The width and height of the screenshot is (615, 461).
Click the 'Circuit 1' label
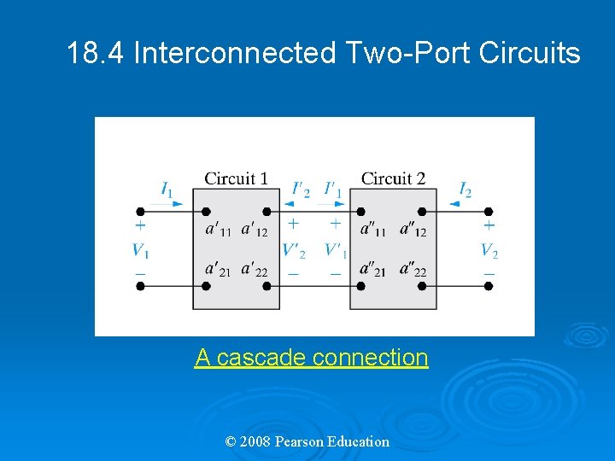[x=236, y=178]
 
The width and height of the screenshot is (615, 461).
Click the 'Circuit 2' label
[x=393, y=178]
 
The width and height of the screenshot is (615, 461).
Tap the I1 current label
[x=167, y=190]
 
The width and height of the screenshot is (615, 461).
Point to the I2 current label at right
[x=465, y=190]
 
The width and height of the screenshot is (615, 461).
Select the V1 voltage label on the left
[x=139, y=250]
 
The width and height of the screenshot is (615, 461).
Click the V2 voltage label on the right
[x=489, y=250]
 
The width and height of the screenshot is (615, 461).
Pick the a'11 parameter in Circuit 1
[x=219, y=230]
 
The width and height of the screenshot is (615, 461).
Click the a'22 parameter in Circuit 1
[x=255, y=271]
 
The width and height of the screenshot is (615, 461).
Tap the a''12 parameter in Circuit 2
[x=413, y=230]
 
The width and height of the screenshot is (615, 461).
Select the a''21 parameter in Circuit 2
[x=373, y=271]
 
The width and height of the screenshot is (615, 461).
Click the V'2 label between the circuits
[x=294, y=251]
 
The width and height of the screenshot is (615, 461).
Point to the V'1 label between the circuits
[x=336, y=251]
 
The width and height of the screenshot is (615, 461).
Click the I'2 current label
[x=301, y=190]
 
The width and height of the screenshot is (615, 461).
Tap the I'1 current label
[x=332, y=190]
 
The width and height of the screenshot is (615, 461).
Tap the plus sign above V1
[x=140, y=225]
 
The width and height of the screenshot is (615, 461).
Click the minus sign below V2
[x=489, y=274]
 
